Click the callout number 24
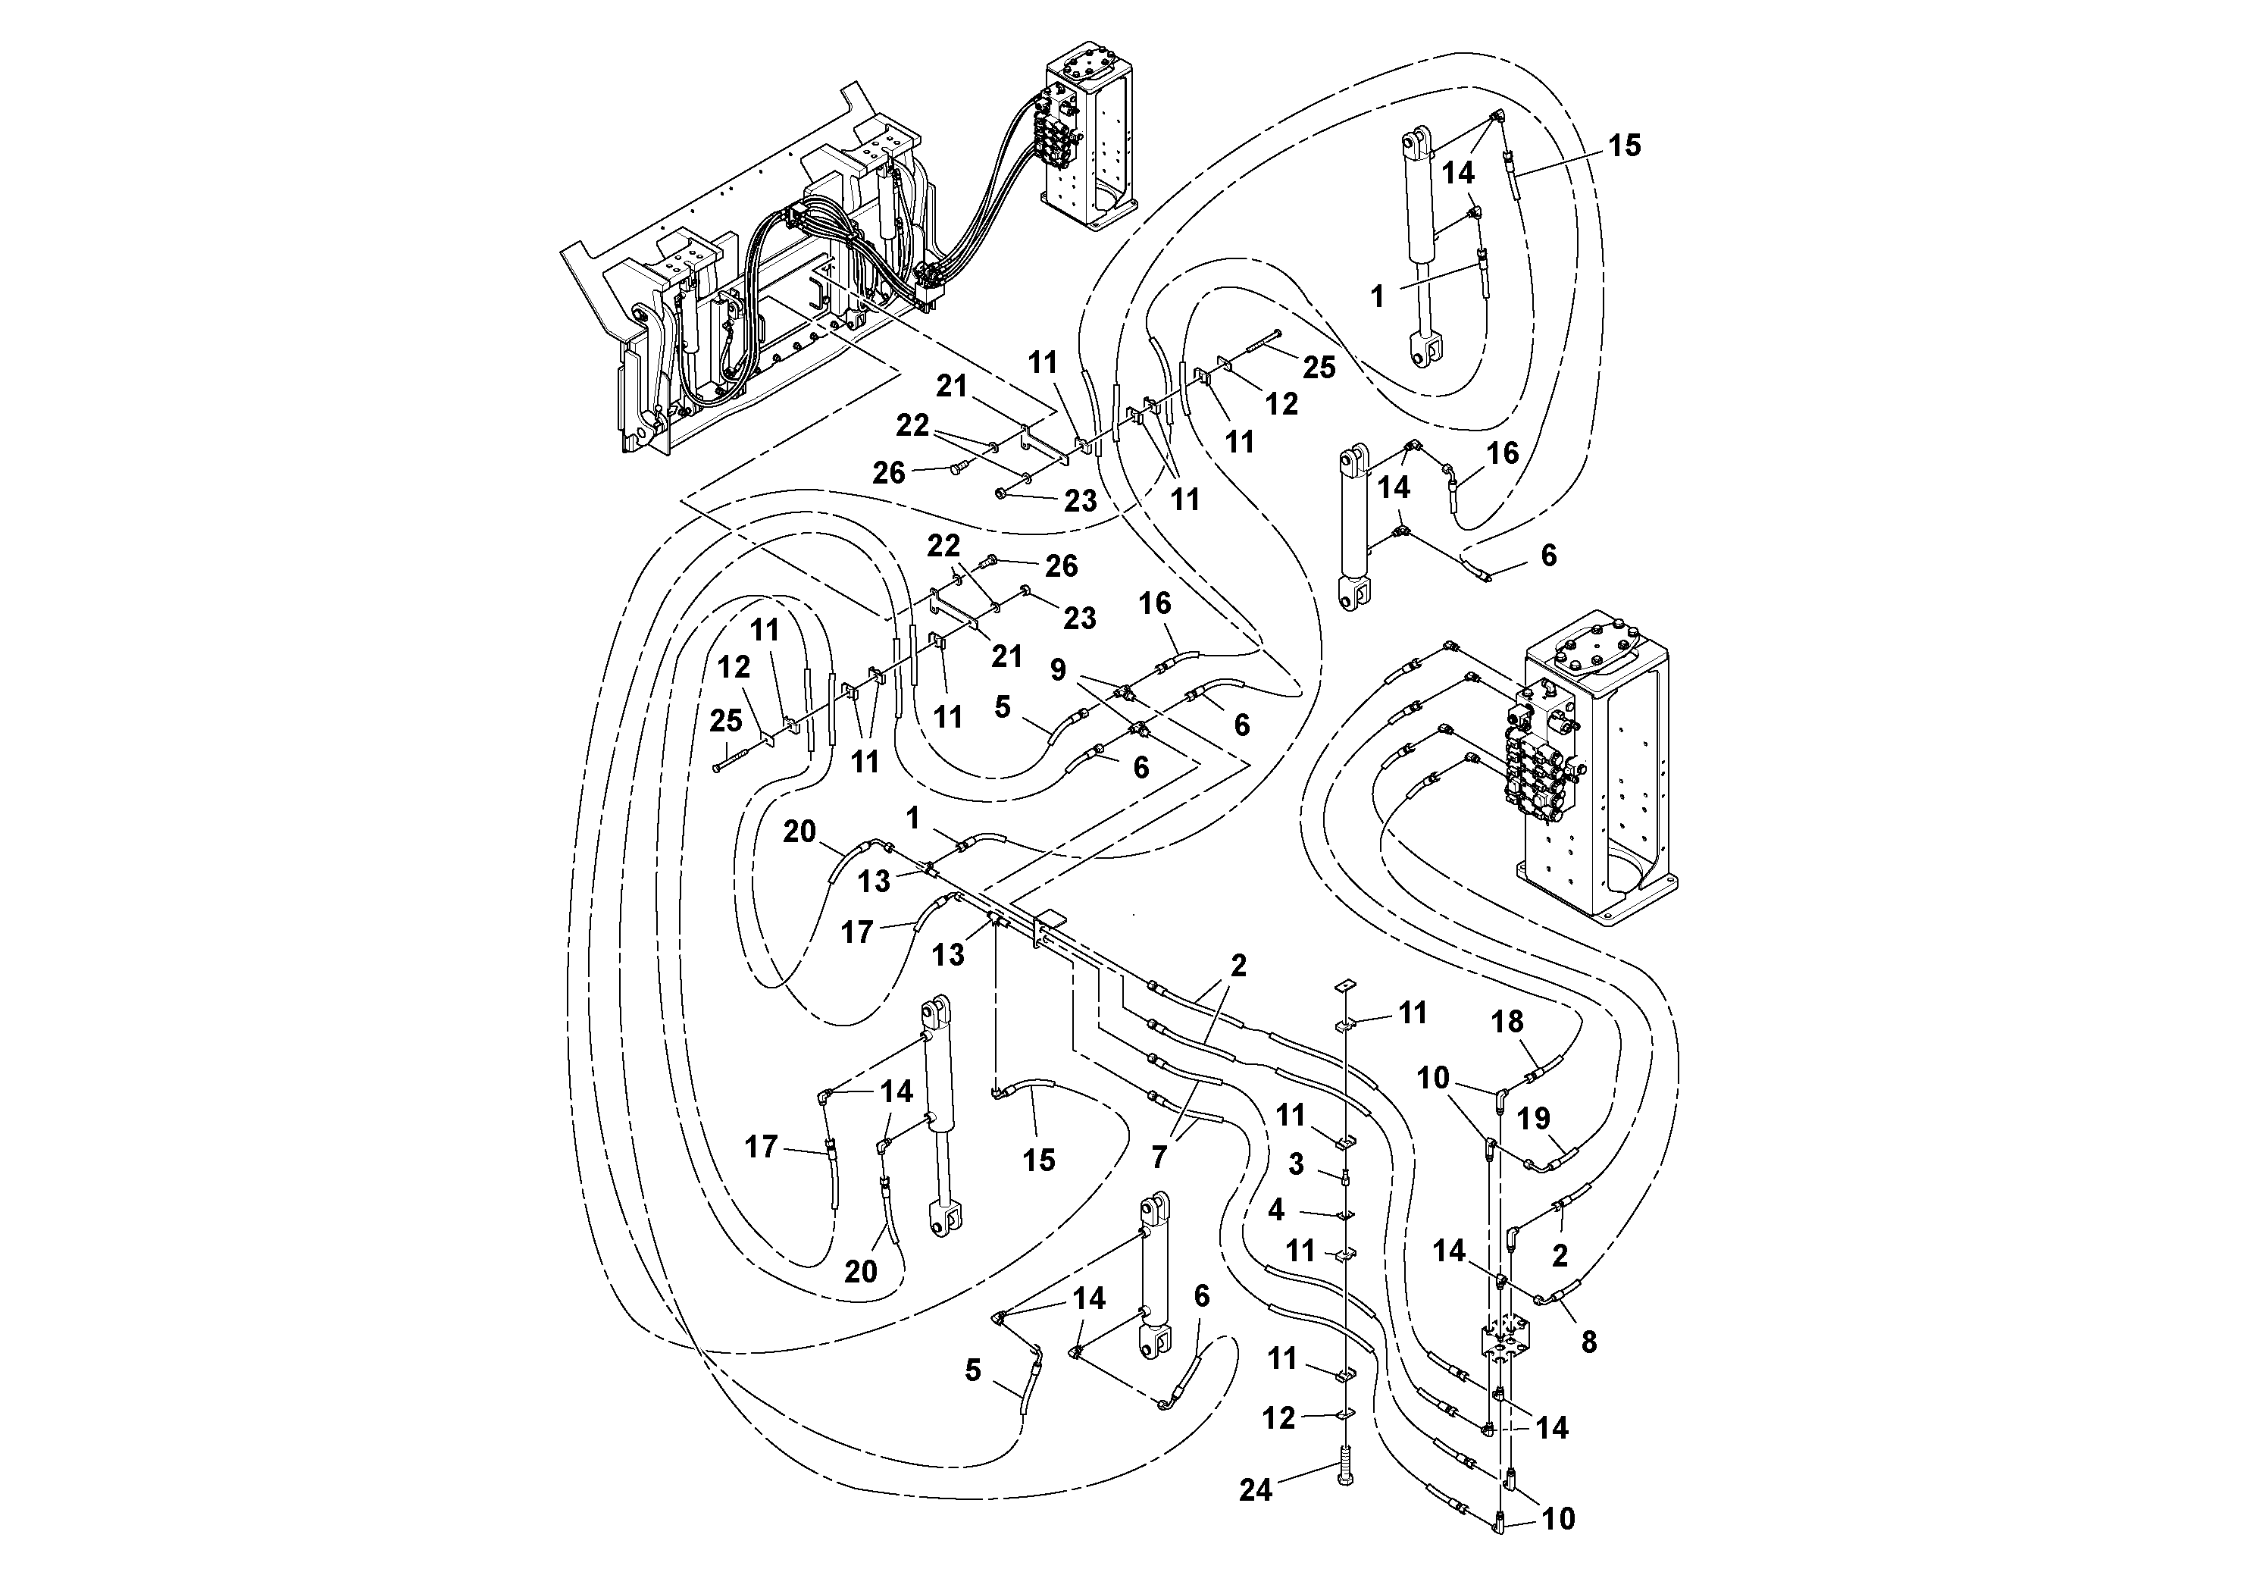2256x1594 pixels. [1255, 1491]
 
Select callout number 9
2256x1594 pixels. [1057, 670]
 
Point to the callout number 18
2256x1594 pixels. [1507, 1022]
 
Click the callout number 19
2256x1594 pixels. [1534, 1118]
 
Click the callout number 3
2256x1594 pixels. [1296, 1164]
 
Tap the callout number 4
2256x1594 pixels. [1275, 1210]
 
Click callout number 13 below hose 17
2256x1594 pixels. [948, 954]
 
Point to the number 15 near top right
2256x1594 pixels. [1624, 146]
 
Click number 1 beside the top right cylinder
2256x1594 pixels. [1378, 296]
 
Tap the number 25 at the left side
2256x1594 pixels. [726, 720]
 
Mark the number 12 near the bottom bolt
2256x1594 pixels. [1278, 1418]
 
